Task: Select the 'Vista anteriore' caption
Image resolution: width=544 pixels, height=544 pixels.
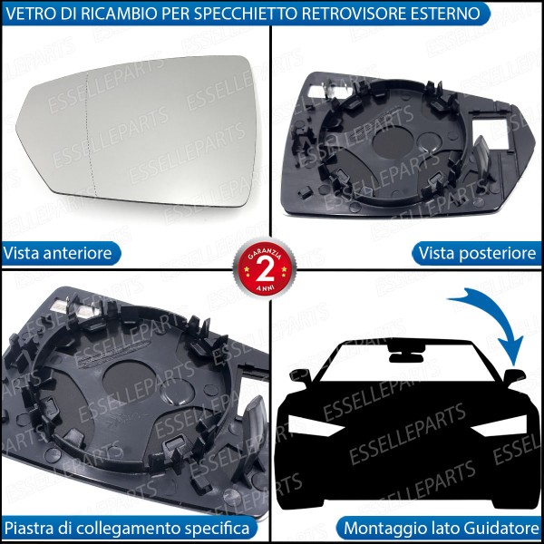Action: coord(58,253)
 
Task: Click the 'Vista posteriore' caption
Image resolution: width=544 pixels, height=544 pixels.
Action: coord(479,253)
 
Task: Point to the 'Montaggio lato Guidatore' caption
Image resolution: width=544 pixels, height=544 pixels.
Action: coord(442,527)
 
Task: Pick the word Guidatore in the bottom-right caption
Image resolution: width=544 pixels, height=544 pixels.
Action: coord(498,527)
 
